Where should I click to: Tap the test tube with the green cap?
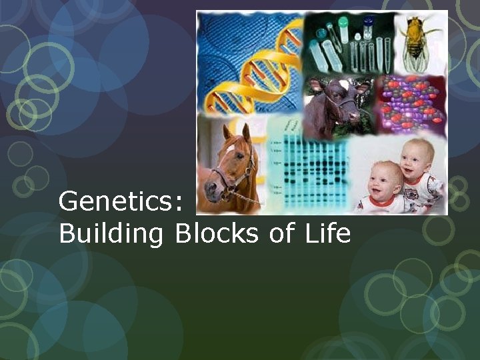point(344,27)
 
